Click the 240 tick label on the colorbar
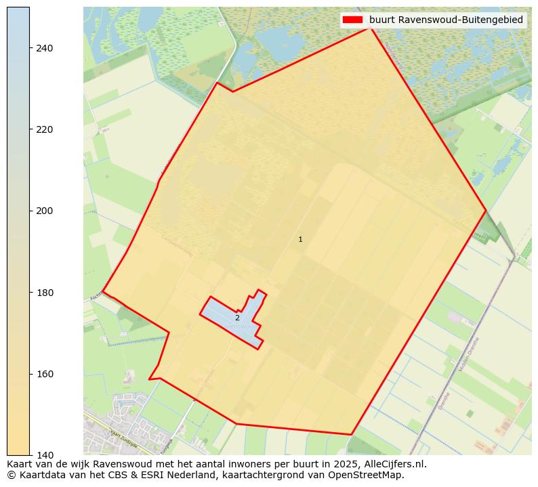coord(45,48)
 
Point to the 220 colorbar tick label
coord(45,129)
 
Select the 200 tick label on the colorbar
coord(45,211)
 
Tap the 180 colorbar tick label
coord(45,293)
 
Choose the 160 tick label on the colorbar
coord(45,374)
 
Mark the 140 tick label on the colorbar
coord(45,455)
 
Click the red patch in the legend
coord(353,20)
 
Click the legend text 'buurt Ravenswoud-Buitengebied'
coord(446,20)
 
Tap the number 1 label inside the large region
coord(300,239)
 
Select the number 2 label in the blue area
coord(237,318)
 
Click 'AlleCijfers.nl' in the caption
coord(394,464)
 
